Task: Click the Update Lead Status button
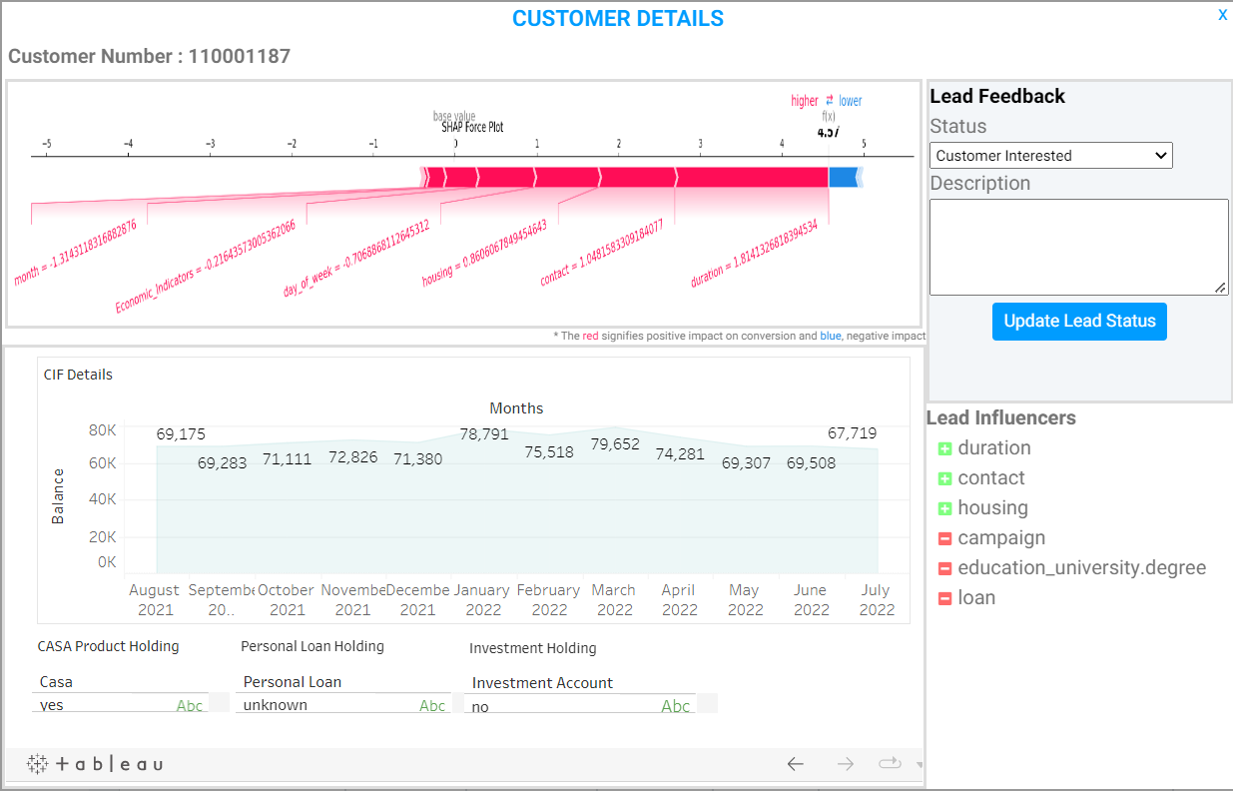[1079, 322]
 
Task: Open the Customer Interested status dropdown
[1050, 156]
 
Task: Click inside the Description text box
[1078, 247]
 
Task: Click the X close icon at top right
[1222, 15]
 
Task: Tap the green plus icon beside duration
[944, 448]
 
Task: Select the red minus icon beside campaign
[944, 538]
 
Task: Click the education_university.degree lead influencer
[1081, 568]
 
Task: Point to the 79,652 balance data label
[614, 444]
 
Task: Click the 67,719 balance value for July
[853, 433]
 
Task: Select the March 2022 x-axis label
[613, 599]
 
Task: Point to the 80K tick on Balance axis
[103, 430]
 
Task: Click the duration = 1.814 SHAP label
[754, 255]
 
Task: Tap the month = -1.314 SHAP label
[75, 254]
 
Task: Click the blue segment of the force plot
[843, 177]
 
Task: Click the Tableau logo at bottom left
[95, 764]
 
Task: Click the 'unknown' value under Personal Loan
[276, 705]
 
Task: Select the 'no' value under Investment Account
[480, 707]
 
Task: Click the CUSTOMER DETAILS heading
[617, 18]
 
